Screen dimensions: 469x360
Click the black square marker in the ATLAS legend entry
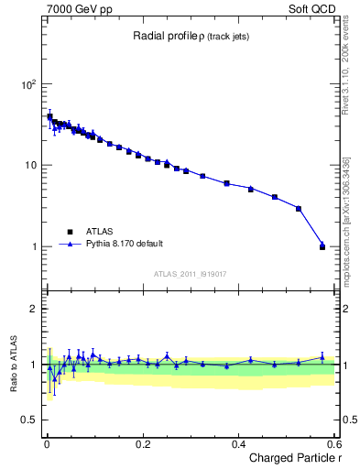tap(69, 232)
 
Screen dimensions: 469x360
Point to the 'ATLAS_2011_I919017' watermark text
tap(190, 273)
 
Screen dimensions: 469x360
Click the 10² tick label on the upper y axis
tap(27, 84)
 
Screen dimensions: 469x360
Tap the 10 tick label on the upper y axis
tap(30, 165)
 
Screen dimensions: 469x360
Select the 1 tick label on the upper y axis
tap(34, 246)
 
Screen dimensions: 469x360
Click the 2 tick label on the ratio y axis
tap(34, 309)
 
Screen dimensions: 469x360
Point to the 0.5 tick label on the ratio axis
tap(29, 420)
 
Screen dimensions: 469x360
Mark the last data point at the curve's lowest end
tap(322, 245)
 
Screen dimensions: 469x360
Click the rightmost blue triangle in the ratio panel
tap(322, 357)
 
